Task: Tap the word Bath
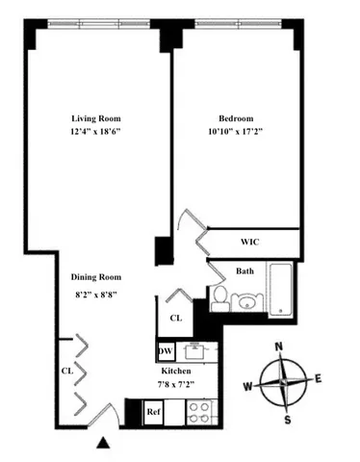(245, 271)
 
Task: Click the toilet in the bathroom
(219, 297)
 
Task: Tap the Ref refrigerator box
(153, 412)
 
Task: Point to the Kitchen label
(176, 371)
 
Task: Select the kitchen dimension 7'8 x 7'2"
(176, 385)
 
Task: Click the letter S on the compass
(286, 418)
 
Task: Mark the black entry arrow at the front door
(103, 443)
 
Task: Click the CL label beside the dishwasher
(176, 317)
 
